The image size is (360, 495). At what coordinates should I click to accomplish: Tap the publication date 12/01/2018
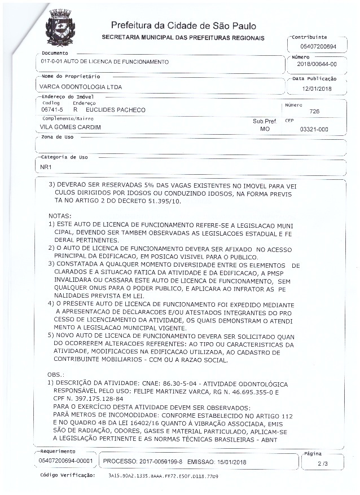[x=317, y=89]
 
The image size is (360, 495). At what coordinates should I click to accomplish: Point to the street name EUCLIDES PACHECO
[x=116, y=110]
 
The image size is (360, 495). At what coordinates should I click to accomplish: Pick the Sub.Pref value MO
[x=265, y=129]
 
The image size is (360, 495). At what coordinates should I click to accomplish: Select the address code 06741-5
[x=52, y=110]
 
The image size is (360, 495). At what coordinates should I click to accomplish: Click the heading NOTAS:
[x=60, y=216]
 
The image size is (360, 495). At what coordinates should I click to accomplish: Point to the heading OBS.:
[x=57, y=374]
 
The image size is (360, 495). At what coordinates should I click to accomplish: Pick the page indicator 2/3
[x=322, y=463]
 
